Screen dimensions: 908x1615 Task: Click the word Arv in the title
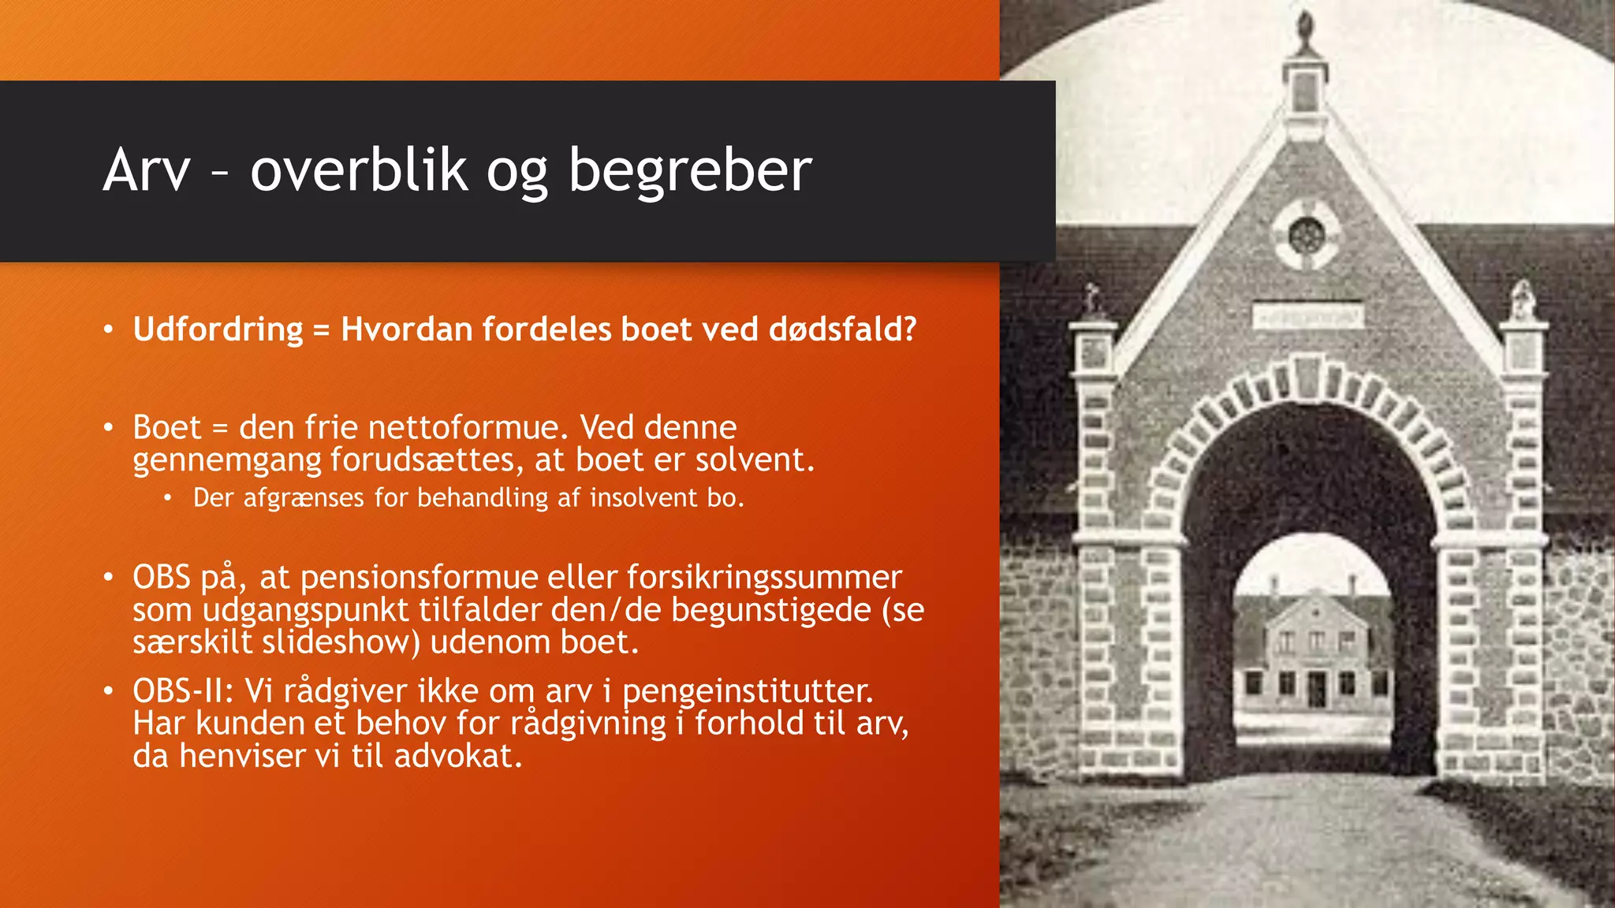147,170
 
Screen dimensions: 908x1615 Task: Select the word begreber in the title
690,170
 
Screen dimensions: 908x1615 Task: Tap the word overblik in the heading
359,170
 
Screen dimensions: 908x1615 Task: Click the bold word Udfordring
218,329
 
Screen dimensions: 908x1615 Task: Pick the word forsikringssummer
763,578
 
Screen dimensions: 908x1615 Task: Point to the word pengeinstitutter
748,691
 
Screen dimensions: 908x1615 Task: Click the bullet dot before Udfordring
109,329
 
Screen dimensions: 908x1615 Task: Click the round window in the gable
1307,236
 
